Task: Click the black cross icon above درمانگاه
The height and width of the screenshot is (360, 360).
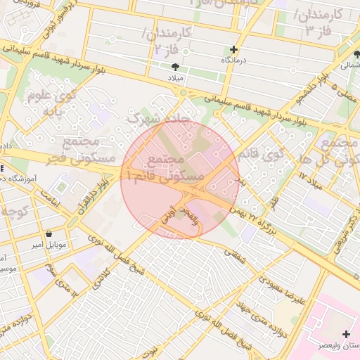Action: click(234, 50)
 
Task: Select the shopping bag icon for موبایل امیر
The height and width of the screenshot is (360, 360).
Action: click(49, 233)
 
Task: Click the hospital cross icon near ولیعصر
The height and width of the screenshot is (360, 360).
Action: click(345, 333)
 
